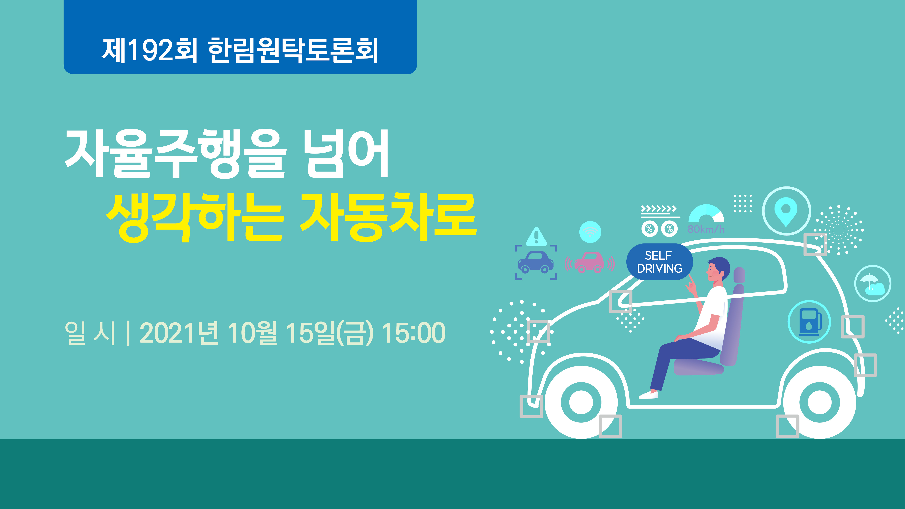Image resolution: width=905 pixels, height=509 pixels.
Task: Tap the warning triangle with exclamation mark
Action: (x=536, y=236)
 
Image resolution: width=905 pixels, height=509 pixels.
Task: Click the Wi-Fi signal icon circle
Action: (x=590, y=232)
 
